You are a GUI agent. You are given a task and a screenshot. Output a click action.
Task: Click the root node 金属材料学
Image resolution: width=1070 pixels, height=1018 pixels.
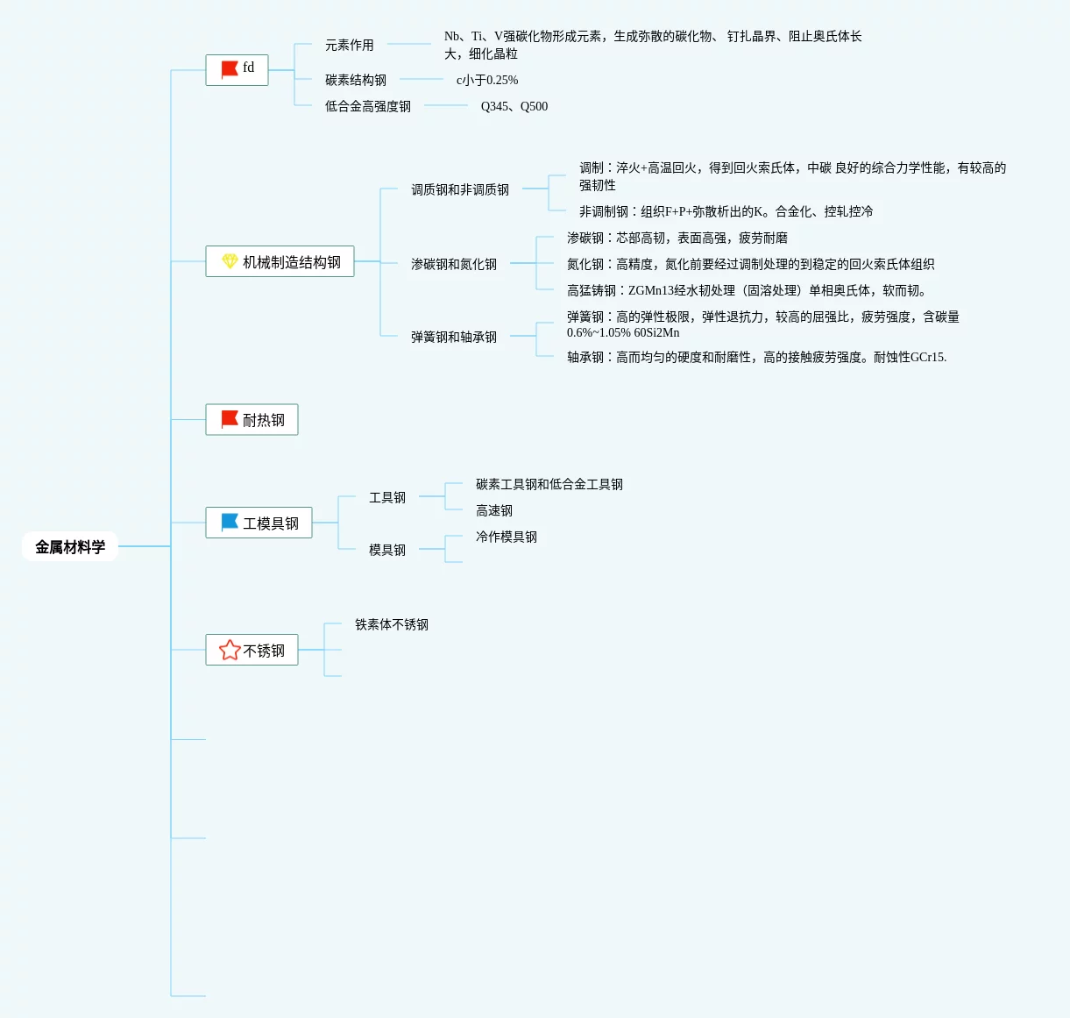pyautogui.click(x=70, y=547)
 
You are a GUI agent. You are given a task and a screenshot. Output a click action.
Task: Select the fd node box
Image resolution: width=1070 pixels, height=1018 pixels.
pyautogui.click(x=237, y=69)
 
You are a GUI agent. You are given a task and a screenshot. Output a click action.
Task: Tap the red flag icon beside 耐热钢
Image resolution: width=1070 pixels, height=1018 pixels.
pyautogui.click(x=230, y=419)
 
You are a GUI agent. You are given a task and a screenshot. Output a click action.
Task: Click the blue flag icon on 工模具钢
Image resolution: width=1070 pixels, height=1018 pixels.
pyautogui.click(x=230, y=522)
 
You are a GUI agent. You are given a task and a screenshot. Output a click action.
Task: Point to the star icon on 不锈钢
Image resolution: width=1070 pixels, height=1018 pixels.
pyautogui.click(x=230, y=650)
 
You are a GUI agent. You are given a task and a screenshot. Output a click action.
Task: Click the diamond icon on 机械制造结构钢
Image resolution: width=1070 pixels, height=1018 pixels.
pyautogui.click(x=230, y=261)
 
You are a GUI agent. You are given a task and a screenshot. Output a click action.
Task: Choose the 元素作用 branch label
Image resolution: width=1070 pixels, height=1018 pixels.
pyautogui.click(x=349, y=45)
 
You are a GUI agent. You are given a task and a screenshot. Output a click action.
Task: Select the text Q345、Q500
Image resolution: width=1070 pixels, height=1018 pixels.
pyautogui.click(x=514, y=106)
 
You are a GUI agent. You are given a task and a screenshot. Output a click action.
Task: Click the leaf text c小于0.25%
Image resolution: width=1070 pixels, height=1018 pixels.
pyautogui.click(x=486, y=80)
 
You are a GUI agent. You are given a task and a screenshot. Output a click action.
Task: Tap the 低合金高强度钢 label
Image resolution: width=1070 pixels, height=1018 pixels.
pyautogui.click(x=367, y=106)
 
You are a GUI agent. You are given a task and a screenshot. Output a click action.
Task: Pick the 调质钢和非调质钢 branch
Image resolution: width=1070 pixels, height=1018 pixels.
pyautogui.click(x=459, y=189)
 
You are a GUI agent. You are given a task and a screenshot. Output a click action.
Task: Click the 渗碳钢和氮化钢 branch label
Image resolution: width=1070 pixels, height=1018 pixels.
pyautogui.click(x=453, y=264)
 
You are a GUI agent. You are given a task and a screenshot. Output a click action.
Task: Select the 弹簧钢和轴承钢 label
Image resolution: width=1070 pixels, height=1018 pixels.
pyautogui.click(x=453, y=337)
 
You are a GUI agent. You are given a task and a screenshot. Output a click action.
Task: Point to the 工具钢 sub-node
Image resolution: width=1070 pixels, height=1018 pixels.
pyautogui.click(x=386, y=497)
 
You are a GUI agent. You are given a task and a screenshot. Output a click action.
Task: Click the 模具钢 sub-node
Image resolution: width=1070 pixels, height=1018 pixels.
pyautogui.click(x=386, y=550)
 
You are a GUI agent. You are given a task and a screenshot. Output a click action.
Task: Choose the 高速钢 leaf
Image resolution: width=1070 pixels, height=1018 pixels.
pyautogui.click(x=493, y=510)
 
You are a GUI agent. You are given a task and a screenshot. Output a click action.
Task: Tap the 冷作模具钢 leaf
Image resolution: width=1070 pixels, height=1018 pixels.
pyautogui.click(x=506, y=537)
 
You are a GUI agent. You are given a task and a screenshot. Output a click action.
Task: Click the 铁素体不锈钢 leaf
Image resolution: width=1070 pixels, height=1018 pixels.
pyautogui.click(x=391, y=624)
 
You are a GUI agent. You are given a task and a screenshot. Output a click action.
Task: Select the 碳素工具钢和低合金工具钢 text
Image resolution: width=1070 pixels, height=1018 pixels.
pyautogui.click(x=549, y=484)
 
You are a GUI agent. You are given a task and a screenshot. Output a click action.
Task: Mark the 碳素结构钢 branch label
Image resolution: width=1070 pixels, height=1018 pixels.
pyautogui.click(x=355, y=80)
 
